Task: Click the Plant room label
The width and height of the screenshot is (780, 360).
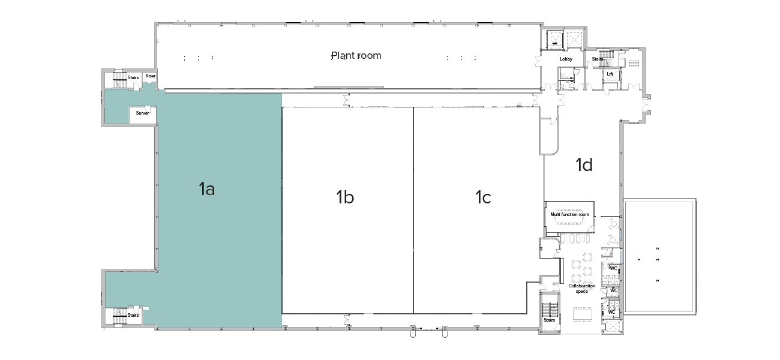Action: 356,56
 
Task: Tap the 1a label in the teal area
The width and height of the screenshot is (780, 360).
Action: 206,190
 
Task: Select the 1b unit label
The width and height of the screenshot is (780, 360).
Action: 344,197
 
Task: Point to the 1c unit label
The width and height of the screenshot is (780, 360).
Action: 483,197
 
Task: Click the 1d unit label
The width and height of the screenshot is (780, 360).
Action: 584,165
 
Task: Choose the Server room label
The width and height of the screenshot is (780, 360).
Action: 142,113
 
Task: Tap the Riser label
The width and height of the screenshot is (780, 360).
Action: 150,76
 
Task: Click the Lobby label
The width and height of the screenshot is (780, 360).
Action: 566,59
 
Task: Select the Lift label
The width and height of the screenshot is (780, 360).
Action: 610,74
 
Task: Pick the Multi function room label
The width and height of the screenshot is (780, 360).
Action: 569,214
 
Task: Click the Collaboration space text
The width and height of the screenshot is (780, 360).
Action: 581,289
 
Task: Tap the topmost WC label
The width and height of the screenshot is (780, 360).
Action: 613,268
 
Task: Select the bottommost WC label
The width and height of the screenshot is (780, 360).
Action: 611,312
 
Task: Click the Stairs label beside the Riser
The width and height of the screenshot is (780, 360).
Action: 133,77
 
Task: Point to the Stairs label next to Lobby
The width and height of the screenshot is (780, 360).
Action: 598,59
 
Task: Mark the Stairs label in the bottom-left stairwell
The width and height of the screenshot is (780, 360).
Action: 133,315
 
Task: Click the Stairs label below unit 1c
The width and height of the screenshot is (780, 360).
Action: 550,320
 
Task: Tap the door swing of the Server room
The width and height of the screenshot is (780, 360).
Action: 146,108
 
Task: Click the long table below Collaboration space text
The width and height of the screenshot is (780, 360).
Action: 582,313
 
